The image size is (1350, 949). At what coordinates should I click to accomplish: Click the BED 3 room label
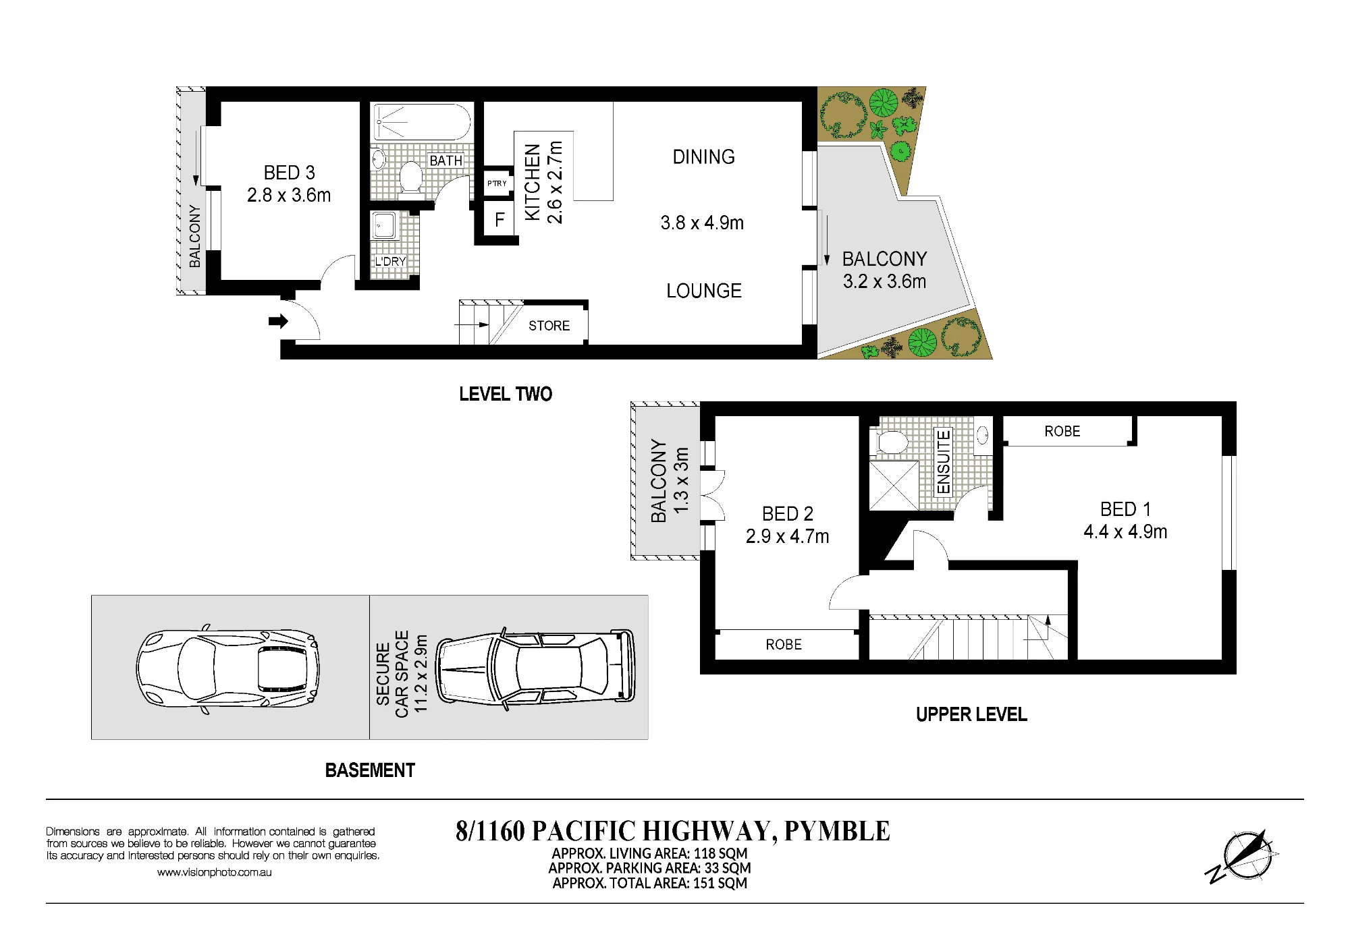point(289,173)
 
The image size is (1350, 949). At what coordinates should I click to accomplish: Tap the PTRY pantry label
point(497,183)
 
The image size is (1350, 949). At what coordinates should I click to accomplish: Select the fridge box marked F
point(500,219)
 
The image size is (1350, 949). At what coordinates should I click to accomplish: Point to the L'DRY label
point(390,261)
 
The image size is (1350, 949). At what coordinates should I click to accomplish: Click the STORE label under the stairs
point(549,326)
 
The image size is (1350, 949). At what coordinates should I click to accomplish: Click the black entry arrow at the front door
point(278,321)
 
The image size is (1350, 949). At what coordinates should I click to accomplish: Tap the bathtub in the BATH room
point(421,122)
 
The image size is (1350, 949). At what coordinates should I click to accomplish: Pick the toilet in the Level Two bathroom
point(410,176)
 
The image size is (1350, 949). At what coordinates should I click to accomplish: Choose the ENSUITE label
point(943,462)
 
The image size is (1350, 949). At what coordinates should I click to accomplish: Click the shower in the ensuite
point(894,486)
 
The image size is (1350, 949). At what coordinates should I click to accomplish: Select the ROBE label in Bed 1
point(1062,432)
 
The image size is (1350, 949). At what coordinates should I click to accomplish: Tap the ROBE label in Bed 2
point(784,645)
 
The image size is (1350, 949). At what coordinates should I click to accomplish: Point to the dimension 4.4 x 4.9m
point(1125,532)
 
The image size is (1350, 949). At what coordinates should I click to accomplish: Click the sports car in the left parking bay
point(227,668)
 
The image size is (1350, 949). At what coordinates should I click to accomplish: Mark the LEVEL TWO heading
point(506,394)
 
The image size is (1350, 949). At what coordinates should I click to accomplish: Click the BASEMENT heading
point(370,770)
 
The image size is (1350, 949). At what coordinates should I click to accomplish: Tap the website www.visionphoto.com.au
point(215,872)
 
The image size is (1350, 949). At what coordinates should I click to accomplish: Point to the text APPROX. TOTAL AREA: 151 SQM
point(649,883)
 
